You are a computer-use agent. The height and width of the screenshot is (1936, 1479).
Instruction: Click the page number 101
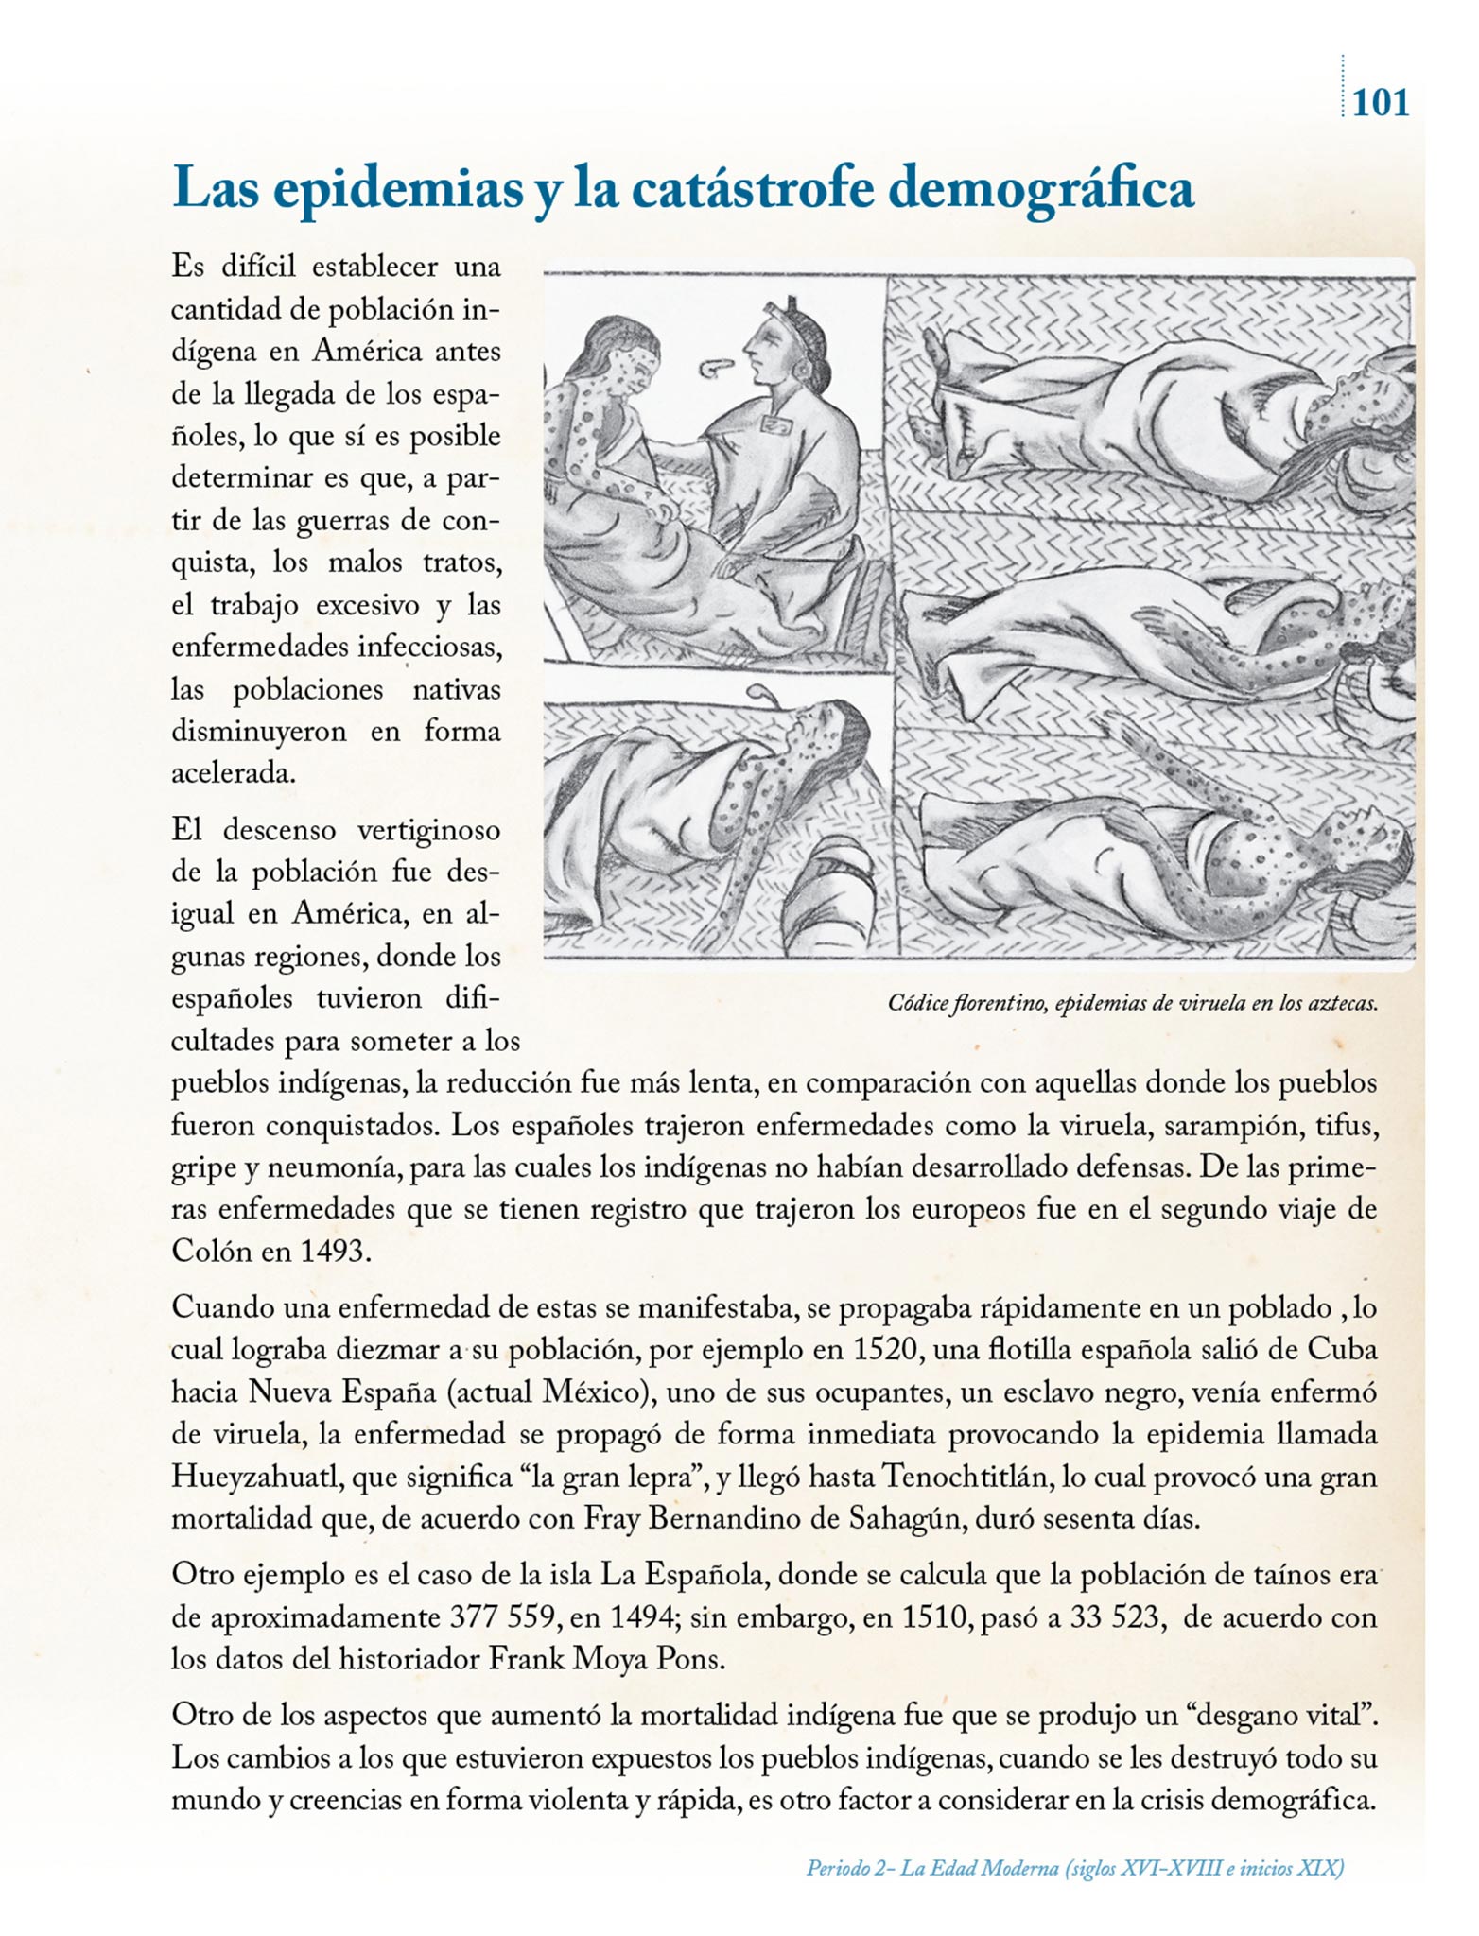pyautogui.click(x=1381, y=101)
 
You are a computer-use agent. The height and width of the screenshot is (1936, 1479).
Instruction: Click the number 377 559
pyautogui.click(x=499, y=1616)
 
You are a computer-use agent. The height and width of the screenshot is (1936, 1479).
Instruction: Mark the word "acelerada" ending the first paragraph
pyautogui.click(x=233, y=773)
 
